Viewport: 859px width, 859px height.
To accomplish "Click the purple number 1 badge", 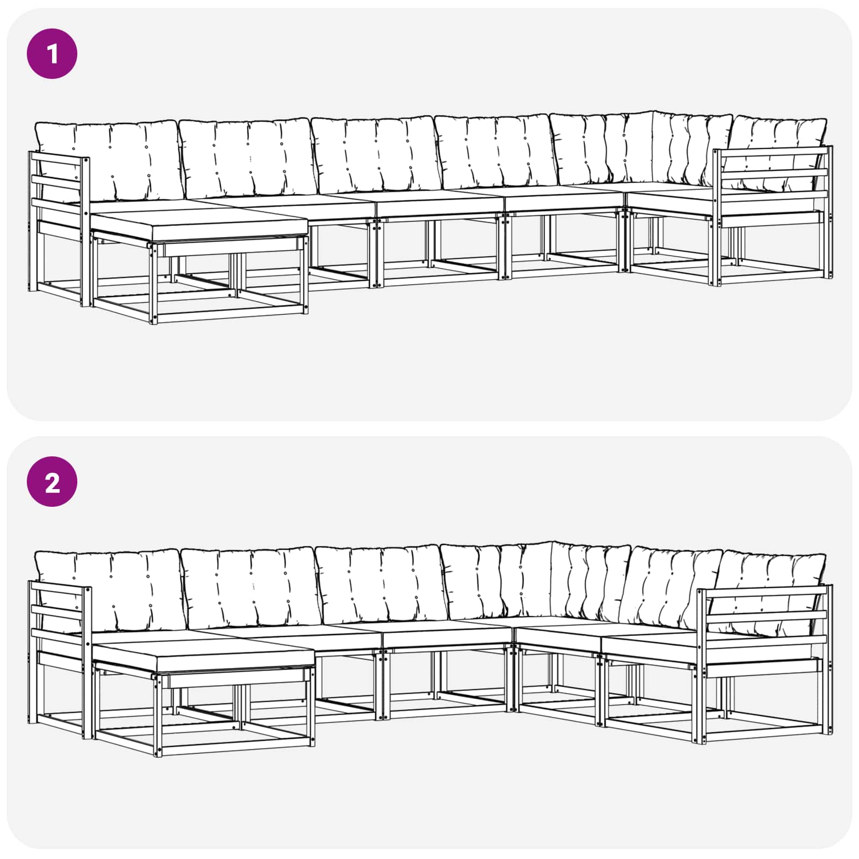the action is coord(52,54).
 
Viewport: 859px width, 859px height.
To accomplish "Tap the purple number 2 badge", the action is coord(52,482).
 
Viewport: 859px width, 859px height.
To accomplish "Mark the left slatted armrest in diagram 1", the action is coord(59,228).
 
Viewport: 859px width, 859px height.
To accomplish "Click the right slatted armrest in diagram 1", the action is coord(772,215).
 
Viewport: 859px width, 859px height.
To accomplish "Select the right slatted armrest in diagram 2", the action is coord(765,664).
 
